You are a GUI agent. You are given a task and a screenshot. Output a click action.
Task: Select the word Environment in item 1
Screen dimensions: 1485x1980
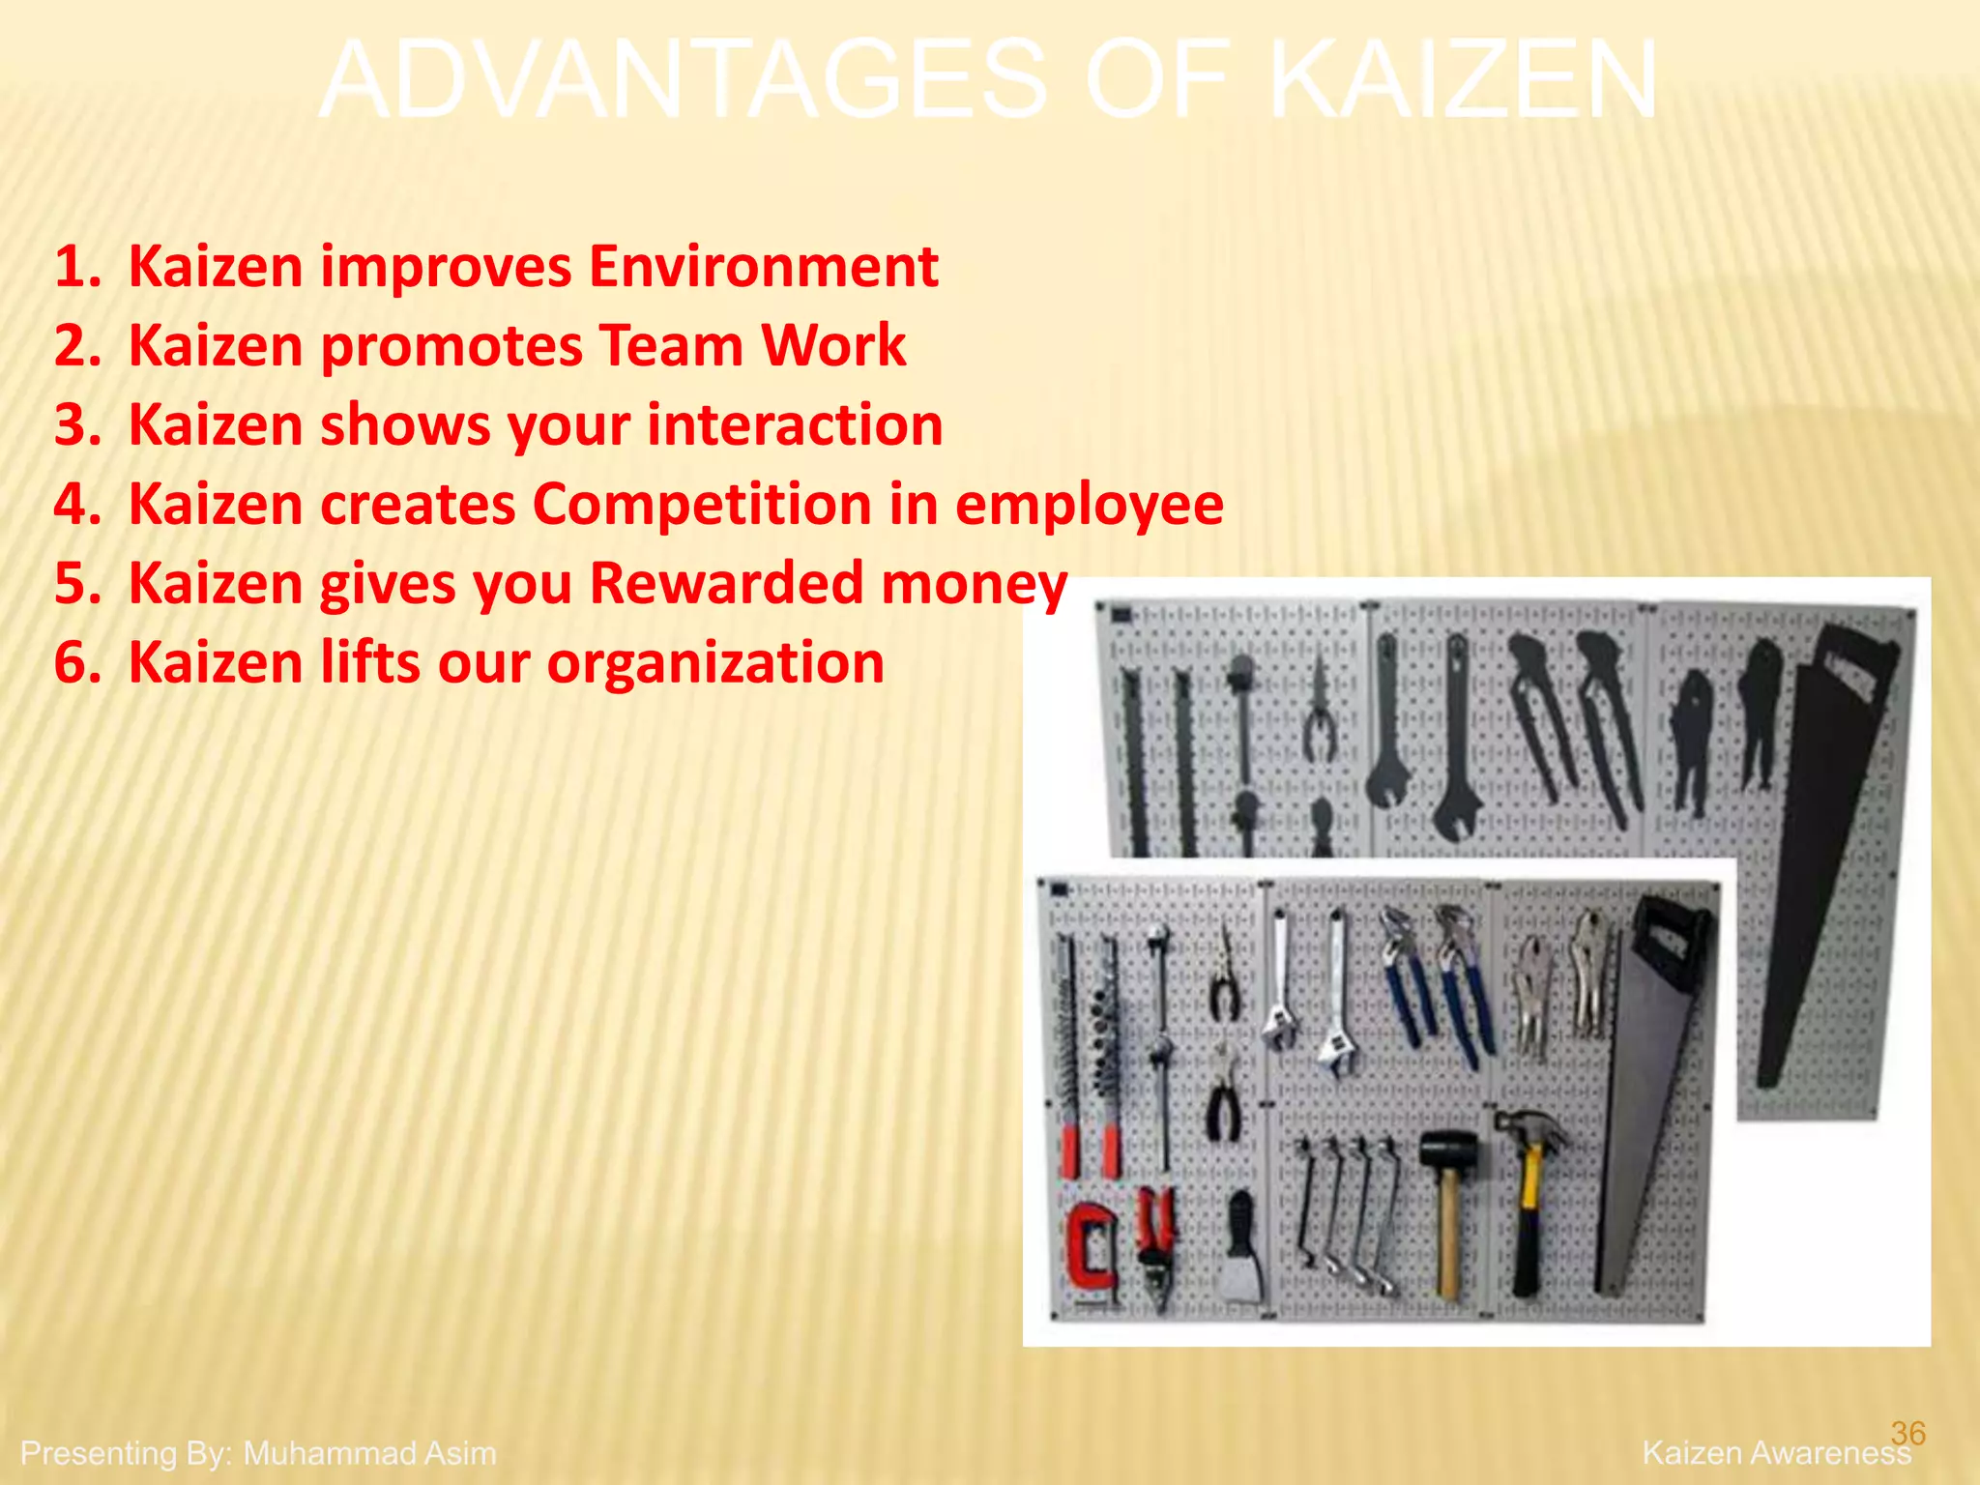coord(763,267)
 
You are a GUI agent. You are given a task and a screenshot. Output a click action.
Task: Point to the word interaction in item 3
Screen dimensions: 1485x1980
coord(794,425)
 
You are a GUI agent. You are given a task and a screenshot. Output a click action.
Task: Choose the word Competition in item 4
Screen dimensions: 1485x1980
coord(703,505)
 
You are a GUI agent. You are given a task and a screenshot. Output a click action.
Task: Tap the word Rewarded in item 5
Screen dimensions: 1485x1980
coord(726,584)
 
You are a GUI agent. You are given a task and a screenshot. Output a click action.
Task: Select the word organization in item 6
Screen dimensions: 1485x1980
coord(714,663)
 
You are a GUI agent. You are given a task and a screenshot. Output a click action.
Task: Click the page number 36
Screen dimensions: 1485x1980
coord(1907,1432)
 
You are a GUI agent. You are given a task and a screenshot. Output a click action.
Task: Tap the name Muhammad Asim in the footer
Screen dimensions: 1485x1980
coord(369,1453)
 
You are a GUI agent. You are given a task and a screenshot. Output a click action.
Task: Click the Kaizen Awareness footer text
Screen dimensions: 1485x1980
coord(1775,1453)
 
